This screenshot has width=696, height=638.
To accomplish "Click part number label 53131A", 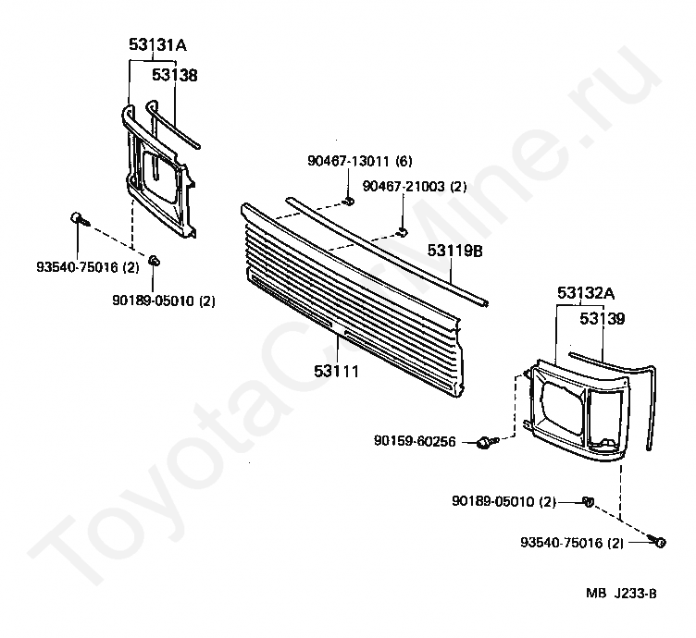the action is click(x=157, y=44).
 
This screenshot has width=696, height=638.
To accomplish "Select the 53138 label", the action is click(x=174, y=75).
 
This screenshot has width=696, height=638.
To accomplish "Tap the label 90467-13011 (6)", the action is click(x=360, y=161).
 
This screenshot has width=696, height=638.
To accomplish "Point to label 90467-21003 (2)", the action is click(x=415, y=186).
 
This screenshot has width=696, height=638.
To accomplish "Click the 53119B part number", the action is click(x=455, y=251).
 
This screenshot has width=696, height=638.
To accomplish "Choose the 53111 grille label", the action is click(x=337, y=371).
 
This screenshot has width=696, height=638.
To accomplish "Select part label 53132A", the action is click(x=586, y=293).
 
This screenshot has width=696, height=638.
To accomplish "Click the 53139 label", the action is click(x=603, y=318).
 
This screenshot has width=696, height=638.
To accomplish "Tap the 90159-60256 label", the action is click(x=415, y=441).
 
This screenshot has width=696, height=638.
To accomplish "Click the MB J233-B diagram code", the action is click(x=621, y=593).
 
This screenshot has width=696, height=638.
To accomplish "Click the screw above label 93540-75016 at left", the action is click(x=80, y=219).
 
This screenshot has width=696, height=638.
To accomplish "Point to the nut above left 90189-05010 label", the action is click(x=154, y=260).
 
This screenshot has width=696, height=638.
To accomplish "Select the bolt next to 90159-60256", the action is click(x=488, y=442).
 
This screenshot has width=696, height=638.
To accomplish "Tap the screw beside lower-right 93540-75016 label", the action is click(x=657, y=541).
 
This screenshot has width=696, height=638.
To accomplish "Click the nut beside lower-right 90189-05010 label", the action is click(x=588, y=502).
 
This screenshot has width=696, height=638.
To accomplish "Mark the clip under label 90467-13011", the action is click(x=350, y=202).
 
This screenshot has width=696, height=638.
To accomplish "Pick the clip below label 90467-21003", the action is click(x=403, y=231).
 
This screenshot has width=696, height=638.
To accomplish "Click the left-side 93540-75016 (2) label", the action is click(x=87, y=267).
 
